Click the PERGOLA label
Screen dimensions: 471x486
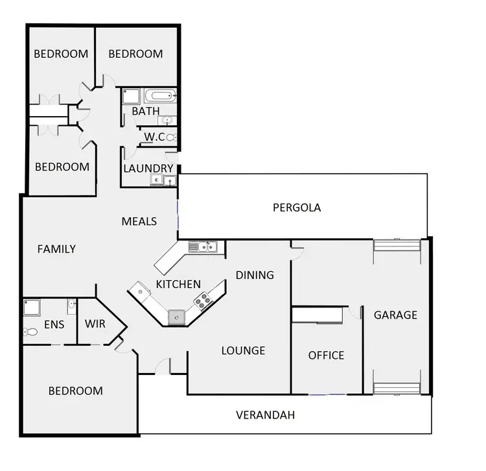297,208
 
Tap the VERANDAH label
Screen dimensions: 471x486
266,415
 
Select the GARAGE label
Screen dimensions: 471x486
395,315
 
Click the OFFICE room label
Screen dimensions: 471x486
326,356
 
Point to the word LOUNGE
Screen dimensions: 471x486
243,351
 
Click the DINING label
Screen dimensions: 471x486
255,275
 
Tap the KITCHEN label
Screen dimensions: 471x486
178,284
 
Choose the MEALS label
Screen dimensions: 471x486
139,221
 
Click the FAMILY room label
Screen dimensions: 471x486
56,249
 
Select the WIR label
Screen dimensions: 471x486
95,324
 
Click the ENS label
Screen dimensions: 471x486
54,324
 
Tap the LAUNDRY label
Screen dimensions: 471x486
148,169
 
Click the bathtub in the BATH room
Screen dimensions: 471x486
159,97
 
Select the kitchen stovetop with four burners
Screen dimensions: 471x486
203,301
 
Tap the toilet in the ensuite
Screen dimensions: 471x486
30,332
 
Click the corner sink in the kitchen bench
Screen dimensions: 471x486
176,317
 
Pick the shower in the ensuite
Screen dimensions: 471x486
32,307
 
